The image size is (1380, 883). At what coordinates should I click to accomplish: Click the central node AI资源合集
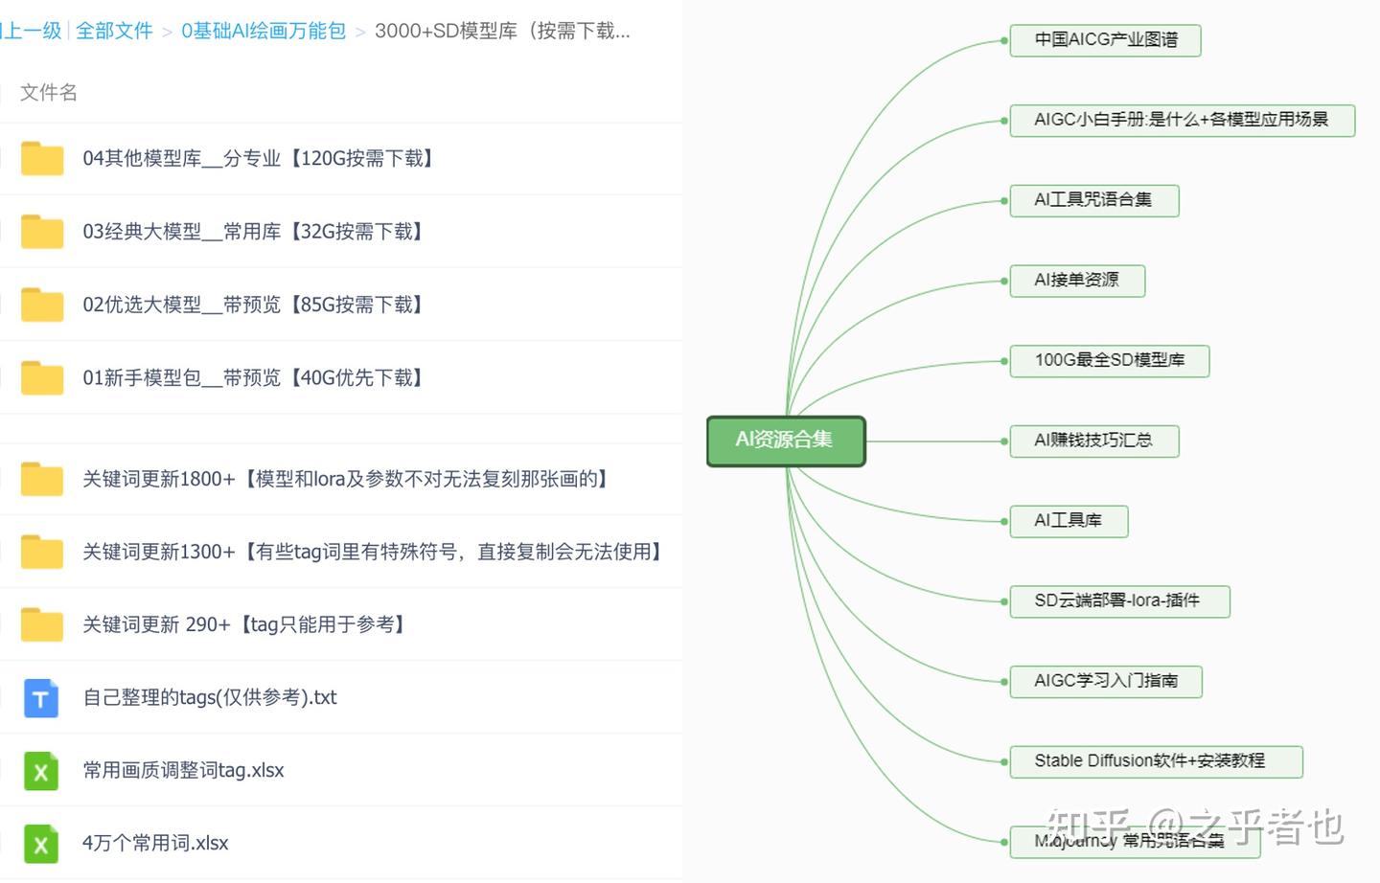pos(786,441)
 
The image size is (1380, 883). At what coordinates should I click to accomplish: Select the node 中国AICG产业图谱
pos(1105,40)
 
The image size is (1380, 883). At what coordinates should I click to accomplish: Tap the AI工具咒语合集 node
pos(1093,200)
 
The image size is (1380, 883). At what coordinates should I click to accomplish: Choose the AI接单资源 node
pos(1077,281)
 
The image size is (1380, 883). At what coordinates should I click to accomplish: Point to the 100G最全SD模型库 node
pos(1109,361)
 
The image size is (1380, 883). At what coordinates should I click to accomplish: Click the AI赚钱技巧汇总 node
pos(1093,441)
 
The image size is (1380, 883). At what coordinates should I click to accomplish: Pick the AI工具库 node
pos(1069,521)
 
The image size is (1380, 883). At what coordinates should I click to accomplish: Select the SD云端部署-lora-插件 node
pos(1118,601)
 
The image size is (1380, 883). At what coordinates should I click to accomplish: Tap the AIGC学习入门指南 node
pos(1105,681)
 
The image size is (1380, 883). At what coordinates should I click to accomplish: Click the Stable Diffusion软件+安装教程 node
pos(1155,761)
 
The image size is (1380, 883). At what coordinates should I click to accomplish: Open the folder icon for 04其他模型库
pos(42,159)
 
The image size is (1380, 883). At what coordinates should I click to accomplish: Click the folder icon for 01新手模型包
pos(42,378)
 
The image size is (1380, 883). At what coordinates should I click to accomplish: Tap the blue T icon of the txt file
pos(41,698)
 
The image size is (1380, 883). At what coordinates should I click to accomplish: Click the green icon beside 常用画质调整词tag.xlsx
pos(41,771)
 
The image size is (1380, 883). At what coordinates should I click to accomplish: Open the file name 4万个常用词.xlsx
pos(155,844)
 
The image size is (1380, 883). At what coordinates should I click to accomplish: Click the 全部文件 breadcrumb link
pos(114,31)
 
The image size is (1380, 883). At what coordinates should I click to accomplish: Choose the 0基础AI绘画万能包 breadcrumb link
pos(264,31)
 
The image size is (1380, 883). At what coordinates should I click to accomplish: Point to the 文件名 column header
pos(49,93)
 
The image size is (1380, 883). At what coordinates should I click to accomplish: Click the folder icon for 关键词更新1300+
pos(42,553)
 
